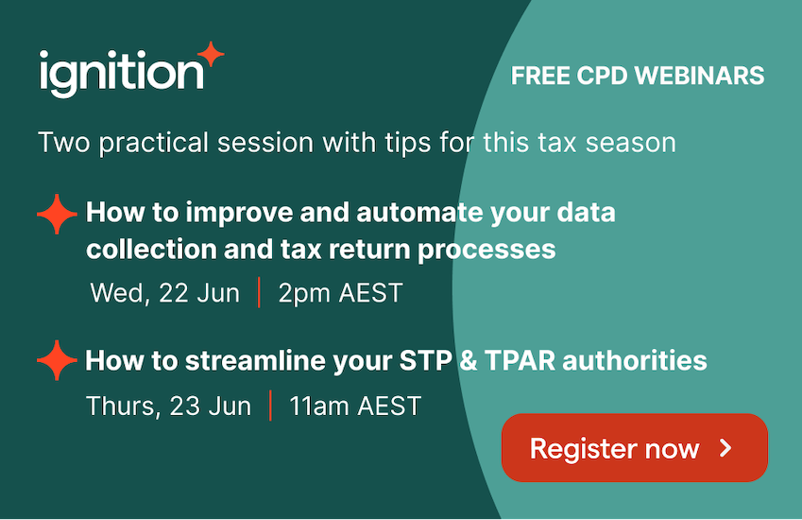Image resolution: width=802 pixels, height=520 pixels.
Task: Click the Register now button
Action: tap(634, 448)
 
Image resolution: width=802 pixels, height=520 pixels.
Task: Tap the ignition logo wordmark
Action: tap(122, 74)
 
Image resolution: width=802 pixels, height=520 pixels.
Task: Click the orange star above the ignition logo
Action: tap(211, 54)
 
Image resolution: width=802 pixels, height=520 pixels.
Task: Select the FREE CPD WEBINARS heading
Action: tap(638, 76)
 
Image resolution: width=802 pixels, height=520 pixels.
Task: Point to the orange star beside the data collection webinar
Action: tap(57, 214)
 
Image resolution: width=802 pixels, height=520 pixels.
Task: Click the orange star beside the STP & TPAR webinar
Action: tap(57, 360)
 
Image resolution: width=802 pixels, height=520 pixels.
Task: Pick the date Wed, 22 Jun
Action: tap(164, 293)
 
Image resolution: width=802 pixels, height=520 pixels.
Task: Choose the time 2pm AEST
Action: tap(340, 294)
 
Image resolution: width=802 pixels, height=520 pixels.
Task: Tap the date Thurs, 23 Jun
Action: tap(169, 407)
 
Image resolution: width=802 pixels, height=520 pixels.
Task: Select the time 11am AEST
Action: tap(355, 407)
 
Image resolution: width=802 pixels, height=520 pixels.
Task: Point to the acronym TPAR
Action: tap(520, 360)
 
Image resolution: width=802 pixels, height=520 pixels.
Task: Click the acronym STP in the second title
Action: tap(425, 360)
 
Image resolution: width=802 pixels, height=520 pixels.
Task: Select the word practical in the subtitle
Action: tap(154, 143)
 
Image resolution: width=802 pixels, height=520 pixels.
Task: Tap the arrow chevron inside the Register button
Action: tap(725, 448)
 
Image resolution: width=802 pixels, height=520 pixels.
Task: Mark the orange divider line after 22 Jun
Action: tap(260, 292)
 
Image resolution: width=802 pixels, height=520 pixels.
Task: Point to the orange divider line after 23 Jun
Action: tap(270, 406)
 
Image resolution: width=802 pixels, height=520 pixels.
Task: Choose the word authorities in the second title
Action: tap(635, 360)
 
